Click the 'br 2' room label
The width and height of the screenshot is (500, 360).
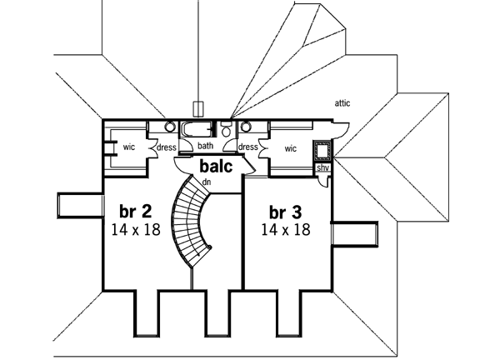pos(136,211)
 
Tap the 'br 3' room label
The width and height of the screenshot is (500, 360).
pos(284,211)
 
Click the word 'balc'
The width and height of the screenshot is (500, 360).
pos(217,165)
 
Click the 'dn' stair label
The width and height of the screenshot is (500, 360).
pos(206,182)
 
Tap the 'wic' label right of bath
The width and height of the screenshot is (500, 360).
pos(291,148)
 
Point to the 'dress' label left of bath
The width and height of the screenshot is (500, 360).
pos(166,148)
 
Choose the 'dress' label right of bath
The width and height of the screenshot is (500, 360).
pos(248,147)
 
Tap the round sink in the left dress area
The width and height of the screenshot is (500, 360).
pos(169,127)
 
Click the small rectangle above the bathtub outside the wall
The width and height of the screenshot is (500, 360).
pos(197,107)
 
